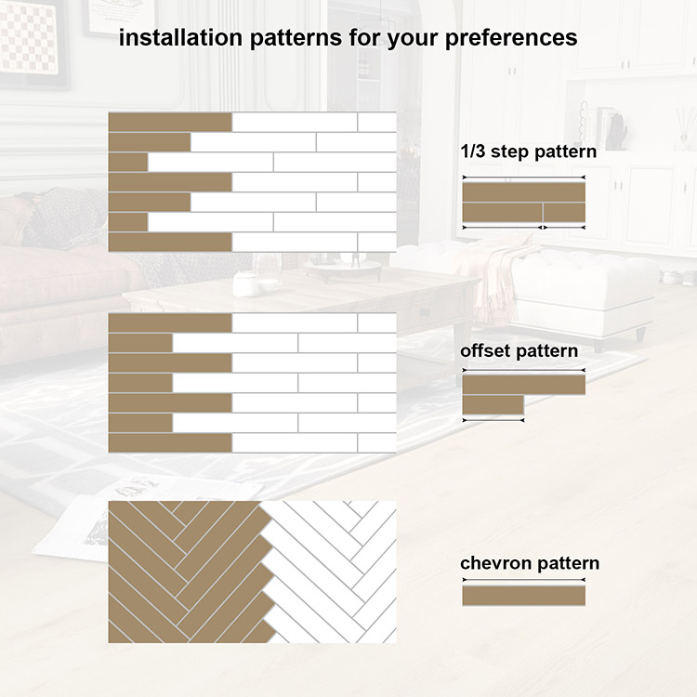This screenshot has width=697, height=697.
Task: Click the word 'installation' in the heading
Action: (180, 37)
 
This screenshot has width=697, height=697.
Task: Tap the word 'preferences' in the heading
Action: (511, 39)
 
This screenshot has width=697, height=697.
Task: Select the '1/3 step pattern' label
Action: (529, 151)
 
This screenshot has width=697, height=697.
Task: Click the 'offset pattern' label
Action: (519, 351)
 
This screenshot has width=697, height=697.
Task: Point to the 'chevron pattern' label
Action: (530, 563)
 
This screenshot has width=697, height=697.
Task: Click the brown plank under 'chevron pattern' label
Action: (523, 596)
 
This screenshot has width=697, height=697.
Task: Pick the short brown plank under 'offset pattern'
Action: (493, 405)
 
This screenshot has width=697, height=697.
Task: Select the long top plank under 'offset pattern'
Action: (523, 385)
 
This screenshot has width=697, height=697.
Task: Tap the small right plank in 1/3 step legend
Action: (564, 212)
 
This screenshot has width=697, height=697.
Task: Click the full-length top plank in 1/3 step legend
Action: (523, 192)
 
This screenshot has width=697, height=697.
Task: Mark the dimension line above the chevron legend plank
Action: (523, 580)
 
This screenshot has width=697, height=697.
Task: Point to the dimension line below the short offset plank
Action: (493, 420)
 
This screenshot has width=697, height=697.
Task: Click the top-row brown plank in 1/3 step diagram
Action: (170, 123)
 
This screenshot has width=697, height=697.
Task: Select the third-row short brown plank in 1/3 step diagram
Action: (128, 163)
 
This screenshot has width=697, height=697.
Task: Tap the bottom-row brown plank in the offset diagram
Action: (170, 443)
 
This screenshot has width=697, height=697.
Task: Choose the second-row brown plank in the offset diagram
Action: (140, 343)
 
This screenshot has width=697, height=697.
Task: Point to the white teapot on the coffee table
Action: (245, 283)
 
